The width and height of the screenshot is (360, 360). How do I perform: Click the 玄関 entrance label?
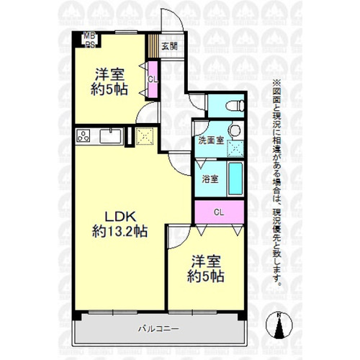coord(169,46)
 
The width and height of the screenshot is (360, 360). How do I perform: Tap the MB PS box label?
coord(89,40)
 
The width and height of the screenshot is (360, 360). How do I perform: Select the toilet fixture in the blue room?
coord(235,106)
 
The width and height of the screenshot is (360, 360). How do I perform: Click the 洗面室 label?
coord(211,140)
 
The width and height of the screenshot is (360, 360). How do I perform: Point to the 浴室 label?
coord(210,179)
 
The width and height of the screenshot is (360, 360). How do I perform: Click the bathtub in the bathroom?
coord(235,179)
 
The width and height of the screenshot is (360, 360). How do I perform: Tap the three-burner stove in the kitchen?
coord(83,136)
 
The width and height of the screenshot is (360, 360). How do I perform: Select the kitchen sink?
coord(110,135)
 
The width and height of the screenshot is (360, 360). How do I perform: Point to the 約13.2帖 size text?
coord(120,232)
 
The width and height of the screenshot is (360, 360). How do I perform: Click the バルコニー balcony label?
coord(158,328)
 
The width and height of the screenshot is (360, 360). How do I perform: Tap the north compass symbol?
coord(279,325)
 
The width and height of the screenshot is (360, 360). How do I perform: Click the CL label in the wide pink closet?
coord(219,212)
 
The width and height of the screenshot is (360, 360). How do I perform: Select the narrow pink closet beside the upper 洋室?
coord(153,79)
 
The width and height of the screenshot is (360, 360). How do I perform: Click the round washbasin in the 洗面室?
coord(235,130)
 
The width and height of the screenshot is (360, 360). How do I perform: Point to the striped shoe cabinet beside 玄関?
coord(153,46)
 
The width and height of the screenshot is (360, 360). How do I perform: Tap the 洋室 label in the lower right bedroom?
coord(206,261)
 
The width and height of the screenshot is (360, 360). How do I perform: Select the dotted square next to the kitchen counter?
coord(145,136)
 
